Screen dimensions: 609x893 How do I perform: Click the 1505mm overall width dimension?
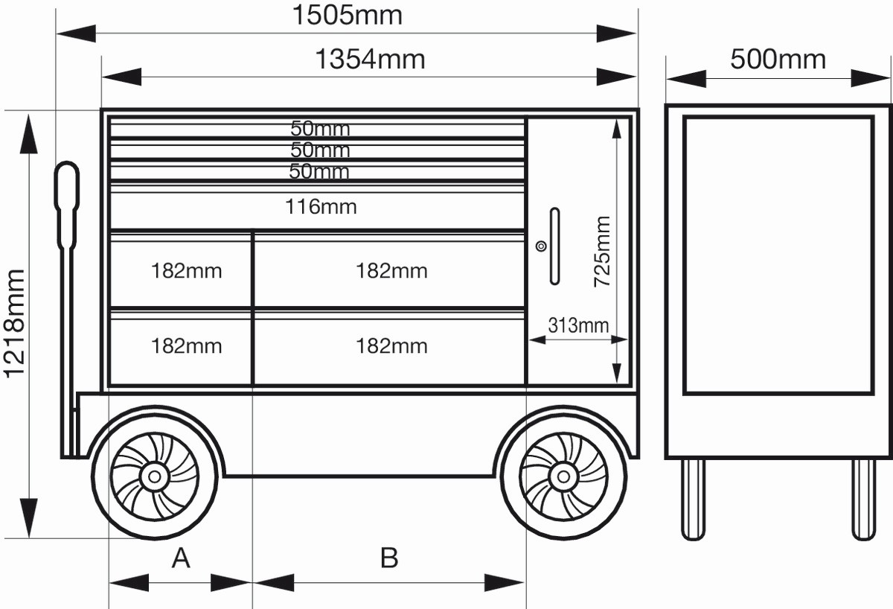click(347, 15)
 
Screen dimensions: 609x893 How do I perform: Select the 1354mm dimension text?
click(370, 60)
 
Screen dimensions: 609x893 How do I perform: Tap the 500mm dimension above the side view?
click(778, 59)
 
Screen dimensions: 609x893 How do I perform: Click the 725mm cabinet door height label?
click(601, 252)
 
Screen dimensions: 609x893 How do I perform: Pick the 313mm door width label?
click(578, 325)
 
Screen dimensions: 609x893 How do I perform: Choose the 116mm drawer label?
click(321, 207)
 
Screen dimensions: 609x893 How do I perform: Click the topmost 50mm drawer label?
click(320, 129)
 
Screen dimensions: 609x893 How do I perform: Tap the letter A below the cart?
click(181, 558)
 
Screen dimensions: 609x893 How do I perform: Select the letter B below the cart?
click(389, 558)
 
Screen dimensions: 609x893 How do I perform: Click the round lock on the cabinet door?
click(541, 246)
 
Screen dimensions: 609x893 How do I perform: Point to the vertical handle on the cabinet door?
click(554, 246)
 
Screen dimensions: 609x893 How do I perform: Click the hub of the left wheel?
click(154, 475)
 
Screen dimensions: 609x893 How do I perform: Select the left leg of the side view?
click(693, 498)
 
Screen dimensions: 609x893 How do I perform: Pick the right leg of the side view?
click(863, 498)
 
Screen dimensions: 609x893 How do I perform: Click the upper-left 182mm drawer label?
click(186, 271)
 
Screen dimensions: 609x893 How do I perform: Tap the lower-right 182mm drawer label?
click(391, 346)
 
